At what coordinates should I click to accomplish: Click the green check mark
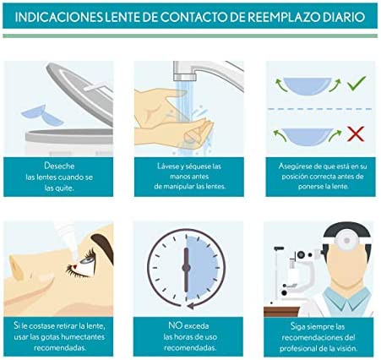[357, 83]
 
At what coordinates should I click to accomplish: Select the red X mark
[356, 134]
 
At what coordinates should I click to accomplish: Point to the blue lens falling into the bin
[42, 115]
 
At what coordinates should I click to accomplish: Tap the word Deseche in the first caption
[59, 166]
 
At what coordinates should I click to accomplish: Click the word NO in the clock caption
[174, 325]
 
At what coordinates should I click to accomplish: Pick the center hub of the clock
[186, 268]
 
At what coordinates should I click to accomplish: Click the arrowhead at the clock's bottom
[191, 305]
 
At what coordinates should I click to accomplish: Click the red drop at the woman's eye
[74, 266]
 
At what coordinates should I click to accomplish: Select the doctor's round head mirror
[347, 241]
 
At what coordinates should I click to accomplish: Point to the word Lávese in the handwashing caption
[168, 166]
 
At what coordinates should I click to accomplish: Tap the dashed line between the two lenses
[320, 109]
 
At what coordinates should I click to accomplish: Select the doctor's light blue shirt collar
[346, 299]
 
